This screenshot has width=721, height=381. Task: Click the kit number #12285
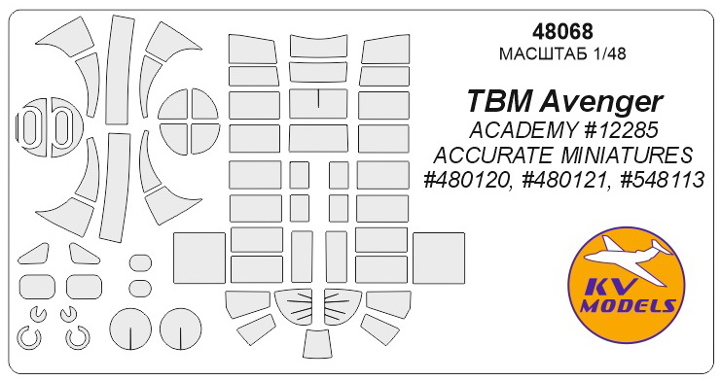point(612,132)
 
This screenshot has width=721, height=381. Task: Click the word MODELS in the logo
point(623,309)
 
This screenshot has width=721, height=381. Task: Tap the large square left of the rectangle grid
point(198,260)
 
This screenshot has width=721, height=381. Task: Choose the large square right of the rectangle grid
point(441,260)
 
